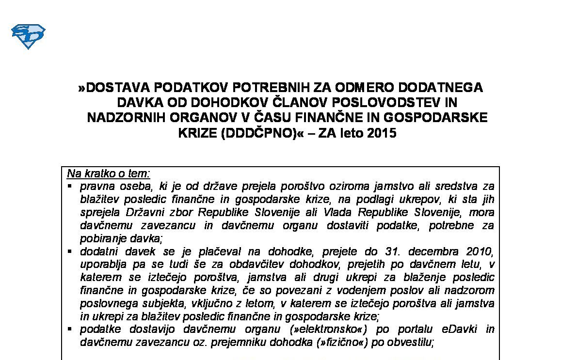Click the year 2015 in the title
point(382,133)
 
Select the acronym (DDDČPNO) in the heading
point(258,133)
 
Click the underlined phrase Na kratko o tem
point(109,173)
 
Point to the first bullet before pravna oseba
point(70,187)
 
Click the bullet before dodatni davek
point(70,252)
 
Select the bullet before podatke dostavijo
point(70,330)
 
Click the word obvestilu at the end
point(412,343)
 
